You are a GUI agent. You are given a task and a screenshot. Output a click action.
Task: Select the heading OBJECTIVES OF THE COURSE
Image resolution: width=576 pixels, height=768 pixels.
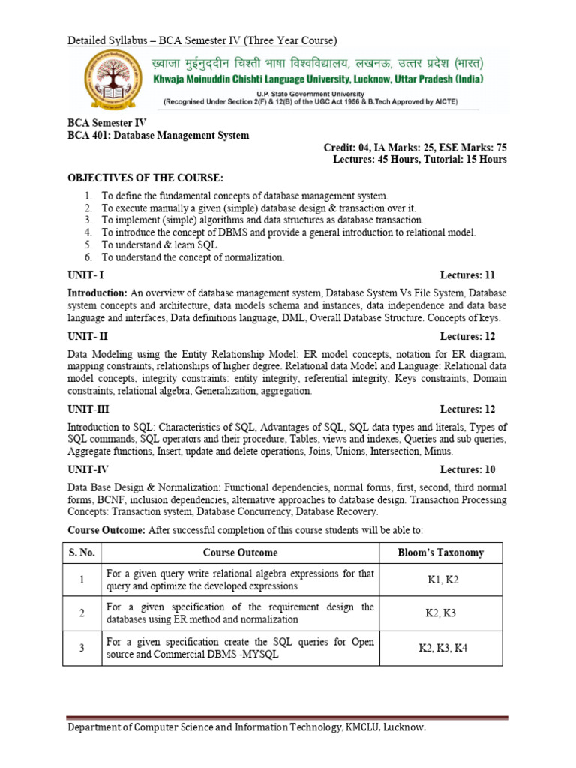click(145, 177)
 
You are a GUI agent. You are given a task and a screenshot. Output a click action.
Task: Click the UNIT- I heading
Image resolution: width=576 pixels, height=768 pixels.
click(86, 275)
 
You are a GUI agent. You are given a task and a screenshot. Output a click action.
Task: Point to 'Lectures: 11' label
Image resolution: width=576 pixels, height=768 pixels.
click(467, 275)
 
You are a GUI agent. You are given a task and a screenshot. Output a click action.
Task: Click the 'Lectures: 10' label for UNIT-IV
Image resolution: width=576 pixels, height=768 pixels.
click(467, 470)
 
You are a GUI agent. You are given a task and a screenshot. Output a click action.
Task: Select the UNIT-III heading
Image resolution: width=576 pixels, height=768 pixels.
click(88, 409)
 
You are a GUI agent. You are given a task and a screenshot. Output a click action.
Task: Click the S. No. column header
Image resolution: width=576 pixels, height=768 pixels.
click(82, 553)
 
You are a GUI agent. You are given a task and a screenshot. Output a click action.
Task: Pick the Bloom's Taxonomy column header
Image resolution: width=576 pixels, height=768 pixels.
click(440, 553)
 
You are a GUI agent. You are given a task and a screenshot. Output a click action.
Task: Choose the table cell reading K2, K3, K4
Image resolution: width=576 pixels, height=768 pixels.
click(442, 648)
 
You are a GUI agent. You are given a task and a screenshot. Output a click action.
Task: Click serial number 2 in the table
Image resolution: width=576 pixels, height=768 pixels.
click(81, 613)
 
